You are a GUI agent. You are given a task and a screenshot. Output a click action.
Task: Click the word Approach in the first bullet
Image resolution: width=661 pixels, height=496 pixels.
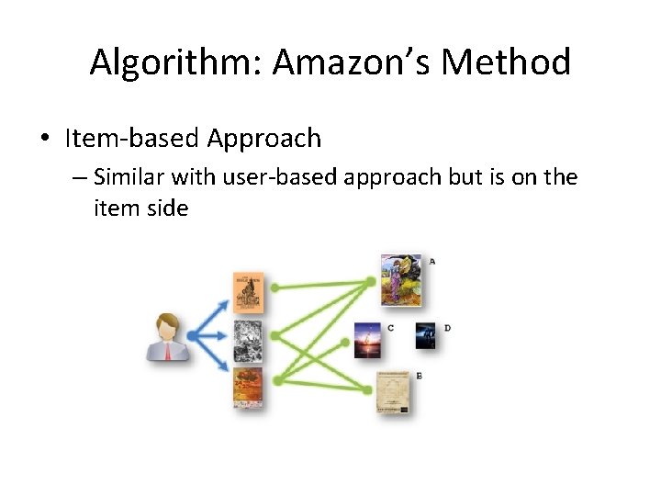point(263,139)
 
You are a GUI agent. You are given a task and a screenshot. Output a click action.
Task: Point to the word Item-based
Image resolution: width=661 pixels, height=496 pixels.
point(132,139)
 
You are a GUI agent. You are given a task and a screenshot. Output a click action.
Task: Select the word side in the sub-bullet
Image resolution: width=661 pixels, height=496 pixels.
point(167,209)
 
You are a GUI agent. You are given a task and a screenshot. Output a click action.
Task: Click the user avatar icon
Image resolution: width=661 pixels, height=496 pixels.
point(168,336)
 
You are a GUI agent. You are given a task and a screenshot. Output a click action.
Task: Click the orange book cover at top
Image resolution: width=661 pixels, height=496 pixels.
point(248,293)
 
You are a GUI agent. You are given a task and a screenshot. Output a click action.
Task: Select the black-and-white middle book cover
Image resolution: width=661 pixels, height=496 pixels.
point(248,340)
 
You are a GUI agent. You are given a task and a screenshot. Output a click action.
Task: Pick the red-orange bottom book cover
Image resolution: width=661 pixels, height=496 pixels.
point(248,388)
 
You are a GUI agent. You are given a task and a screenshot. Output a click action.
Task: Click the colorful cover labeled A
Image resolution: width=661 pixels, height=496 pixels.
point(401,278)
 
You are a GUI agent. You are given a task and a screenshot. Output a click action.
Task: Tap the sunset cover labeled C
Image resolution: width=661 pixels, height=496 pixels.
point(368,339)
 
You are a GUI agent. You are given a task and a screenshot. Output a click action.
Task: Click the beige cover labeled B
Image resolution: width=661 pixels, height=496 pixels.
point(393,392)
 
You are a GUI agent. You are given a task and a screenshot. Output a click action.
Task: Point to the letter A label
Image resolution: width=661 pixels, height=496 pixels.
point(432,261)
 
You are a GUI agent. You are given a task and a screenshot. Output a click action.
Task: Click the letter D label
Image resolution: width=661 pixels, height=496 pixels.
point(447,328)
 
